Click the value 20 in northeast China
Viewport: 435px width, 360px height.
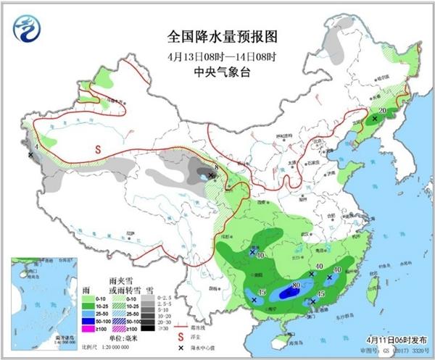(x=381, y=111)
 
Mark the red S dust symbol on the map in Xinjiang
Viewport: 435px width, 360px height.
(x=96, y=149)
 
